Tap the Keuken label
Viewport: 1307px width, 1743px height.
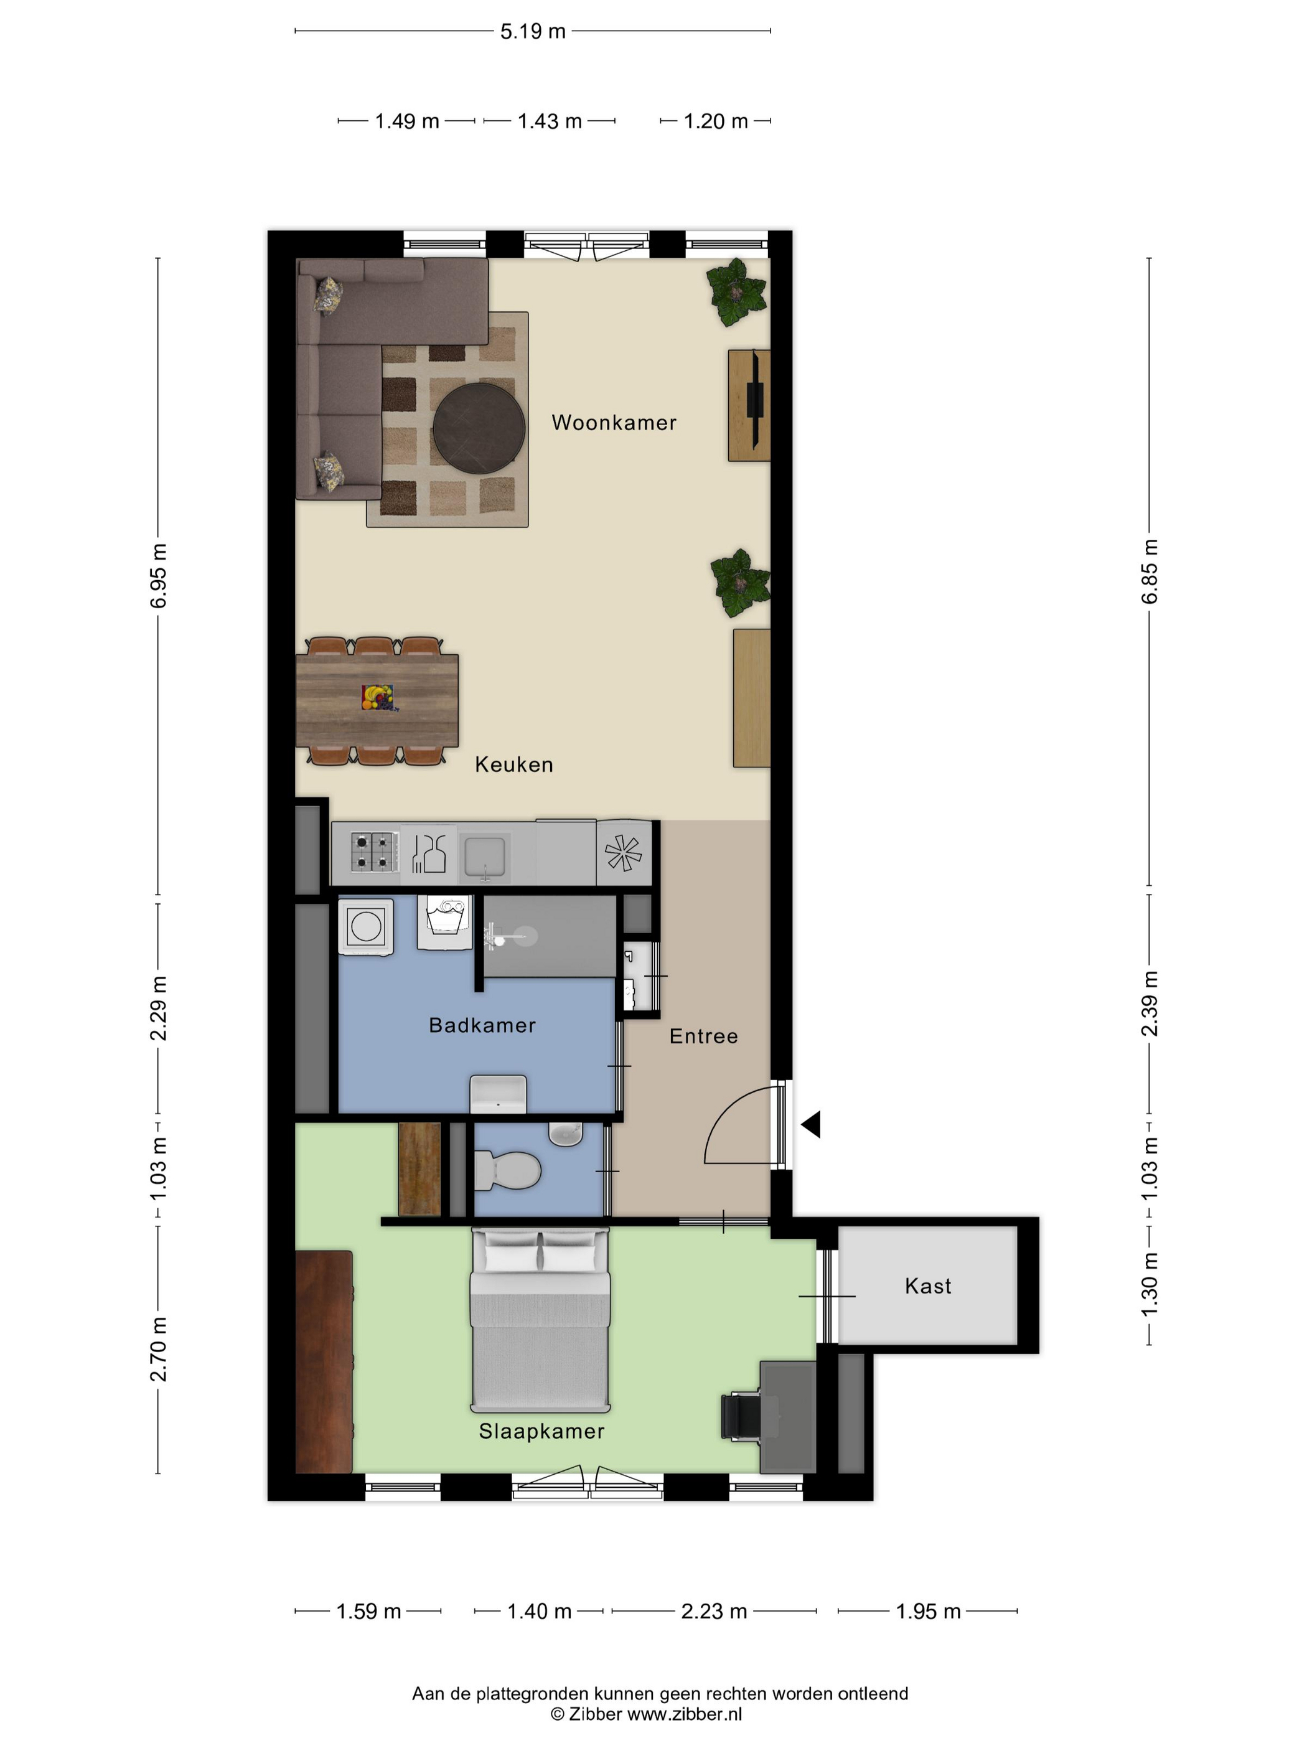tap(513, 764)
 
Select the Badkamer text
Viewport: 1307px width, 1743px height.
tap(482, 1025)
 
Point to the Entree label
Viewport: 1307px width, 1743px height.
tap(703, 1036)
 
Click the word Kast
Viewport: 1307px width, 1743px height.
tap(928, 1286)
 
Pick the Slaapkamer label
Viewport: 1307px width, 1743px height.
tap(542, 1431)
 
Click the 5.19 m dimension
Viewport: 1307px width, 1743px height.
tap(533, 32)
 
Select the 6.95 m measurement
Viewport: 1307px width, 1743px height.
tap(158, 576)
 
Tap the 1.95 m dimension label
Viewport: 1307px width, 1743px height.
tap(928, 1612)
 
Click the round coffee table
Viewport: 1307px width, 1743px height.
tap(479, 426)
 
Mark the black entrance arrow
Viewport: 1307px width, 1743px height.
tap(812, 1124)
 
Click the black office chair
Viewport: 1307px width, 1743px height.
tap(741, 1417)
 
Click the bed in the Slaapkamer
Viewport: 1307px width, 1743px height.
tap(540, 1319)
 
